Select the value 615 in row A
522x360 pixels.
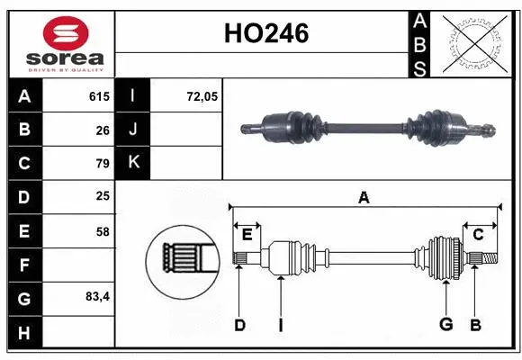[x=98, y=95]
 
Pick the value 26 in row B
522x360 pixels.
[x=102, y=130]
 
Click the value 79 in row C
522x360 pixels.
[x=102, y=164]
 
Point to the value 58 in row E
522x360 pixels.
[x=102, y=231]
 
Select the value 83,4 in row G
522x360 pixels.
[x=96, y=296]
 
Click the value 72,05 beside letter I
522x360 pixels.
[x=202, y=95]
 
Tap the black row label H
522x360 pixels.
[x=23, y=332]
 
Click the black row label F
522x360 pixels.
[x=23, y=265]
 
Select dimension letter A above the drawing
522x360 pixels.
[x=364, y=197]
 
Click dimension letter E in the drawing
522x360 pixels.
[x=247, y=235]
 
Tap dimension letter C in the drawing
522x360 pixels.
[x=479, y=235]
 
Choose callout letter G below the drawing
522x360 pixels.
[x=445, y=325]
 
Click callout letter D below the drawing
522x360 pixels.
[x=239, y=325]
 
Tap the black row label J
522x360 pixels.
[x=133, y=130]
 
